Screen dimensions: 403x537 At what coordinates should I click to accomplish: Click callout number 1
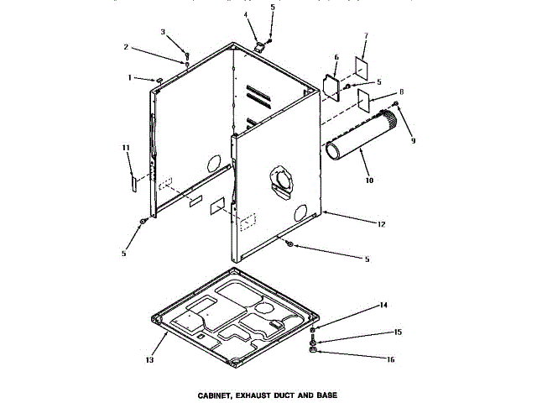tap(130, 77)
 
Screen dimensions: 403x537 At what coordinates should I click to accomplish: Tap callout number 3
tap(163, 32)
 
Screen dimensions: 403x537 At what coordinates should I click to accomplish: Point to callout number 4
tap(246, 15)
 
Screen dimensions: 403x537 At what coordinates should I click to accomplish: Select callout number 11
tap(127, 148)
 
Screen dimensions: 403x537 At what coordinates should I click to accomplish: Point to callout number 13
tap(150, 360)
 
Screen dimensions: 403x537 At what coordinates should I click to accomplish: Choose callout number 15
tap(399, 332)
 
